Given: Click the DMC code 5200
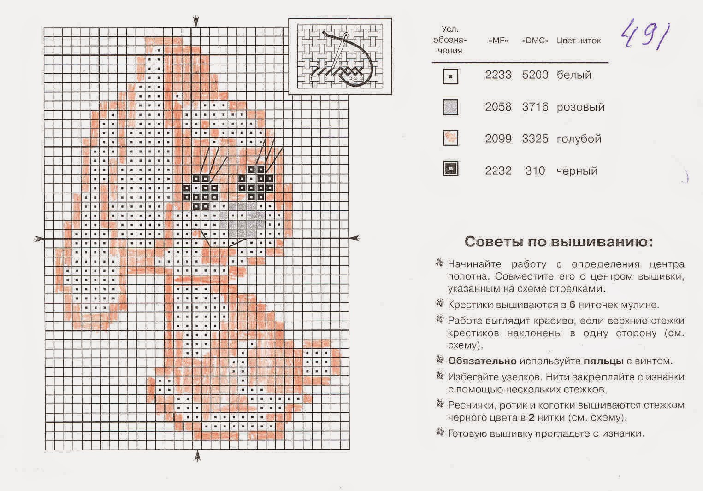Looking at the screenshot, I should [535, 75].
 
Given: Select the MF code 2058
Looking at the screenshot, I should [498, 107].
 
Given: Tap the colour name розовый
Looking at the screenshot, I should [580, 107].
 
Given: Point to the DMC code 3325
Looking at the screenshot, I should [535, 139].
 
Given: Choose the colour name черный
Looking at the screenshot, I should [577, 171].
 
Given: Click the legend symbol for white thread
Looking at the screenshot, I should [450, 76].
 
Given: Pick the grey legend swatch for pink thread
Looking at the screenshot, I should [450, 107].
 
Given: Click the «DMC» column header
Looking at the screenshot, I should [535, 41].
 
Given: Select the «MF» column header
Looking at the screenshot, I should [498, 41].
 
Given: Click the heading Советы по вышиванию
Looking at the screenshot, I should [558, 242].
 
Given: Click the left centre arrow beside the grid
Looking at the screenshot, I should [39, 239].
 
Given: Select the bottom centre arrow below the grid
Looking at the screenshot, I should [197, 456].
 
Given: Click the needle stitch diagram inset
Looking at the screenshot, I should [340, 56].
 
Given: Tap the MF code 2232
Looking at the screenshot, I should [498, 171].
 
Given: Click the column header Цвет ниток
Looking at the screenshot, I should [579, 41].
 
